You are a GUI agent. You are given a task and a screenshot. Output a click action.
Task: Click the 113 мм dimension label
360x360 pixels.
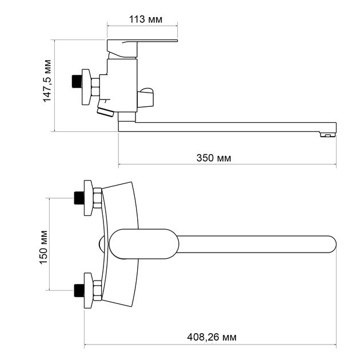tap(146, 19)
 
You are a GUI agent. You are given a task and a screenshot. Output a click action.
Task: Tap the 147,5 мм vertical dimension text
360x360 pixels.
tap(47, 81)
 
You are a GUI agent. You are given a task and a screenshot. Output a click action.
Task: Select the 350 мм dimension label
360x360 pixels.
tap(214, 158)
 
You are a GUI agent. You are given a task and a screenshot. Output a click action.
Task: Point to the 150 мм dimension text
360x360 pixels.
tap(43, 247)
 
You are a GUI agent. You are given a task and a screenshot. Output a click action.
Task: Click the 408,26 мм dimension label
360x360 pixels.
tap(211, 337)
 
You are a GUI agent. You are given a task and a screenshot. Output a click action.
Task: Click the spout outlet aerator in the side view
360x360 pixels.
tap(328, 135)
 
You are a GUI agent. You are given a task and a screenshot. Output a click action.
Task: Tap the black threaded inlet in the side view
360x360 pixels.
tap(77, 81)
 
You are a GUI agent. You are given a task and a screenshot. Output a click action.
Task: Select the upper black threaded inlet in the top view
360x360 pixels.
tap(79, 198)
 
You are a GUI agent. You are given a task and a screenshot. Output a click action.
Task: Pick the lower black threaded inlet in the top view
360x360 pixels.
tap(79, 290)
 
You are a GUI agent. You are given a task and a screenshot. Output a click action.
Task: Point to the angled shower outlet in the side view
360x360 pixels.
tap(105, 111)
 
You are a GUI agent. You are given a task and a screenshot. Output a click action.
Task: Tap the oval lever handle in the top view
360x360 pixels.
tap(144, 244)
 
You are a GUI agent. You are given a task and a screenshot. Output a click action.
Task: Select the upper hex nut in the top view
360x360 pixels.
tap(98, 198)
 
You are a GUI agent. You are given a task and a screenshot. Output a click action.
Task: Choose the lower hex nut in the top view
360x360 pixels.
tap(98, 291)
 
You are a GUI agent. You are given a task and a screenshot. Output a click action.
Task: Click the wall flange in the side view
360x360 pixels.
tap(86, 87)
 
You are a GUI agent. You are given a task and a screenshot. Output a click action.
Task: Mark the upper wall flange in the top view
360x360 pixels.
tap(89, 198)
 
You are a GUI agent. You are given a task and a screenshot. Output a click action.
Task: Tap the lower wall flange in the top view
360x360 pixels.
tap(89, 290)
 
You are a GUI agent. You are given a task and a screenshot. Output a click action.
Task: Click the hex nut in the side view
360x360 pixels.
tap(95, 87)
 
